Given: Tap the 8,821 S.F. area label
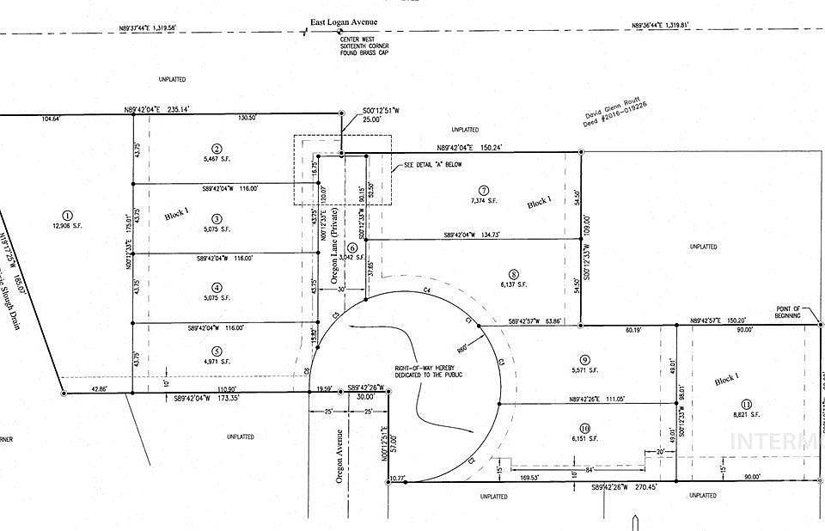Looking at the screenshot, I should click(x=746, y=415).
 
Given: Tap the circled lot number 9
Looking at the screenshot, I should click(x=584, y=360).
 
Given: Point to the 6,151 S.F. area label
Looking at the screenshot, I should click(x=584, y=438).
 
